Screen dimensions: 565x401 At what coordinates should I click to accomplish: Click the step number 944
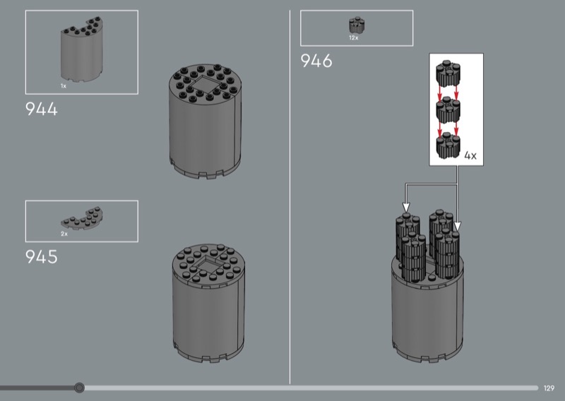point(42,109)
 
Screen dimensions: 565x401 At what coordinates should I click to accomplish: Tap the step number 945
point(42,257)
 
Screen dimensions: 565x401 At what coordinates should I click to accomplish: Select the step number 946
point(316,61)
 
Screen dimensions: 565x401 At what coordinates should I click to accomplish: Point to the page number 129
point(549,388)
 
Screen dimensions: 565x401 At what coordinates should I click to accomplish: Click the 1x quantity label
point(64,86)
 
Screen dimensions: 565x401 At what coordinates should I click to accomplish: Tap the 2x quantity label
point(64,234)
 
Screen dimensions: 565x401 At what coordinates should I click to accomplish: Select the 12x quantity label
point(354,38)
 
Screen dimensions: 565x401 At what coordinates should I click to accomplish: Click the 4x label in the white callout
point(470,155)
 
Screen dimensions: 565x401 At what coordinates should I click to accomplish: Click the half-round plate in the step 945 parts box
point(83,219)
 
